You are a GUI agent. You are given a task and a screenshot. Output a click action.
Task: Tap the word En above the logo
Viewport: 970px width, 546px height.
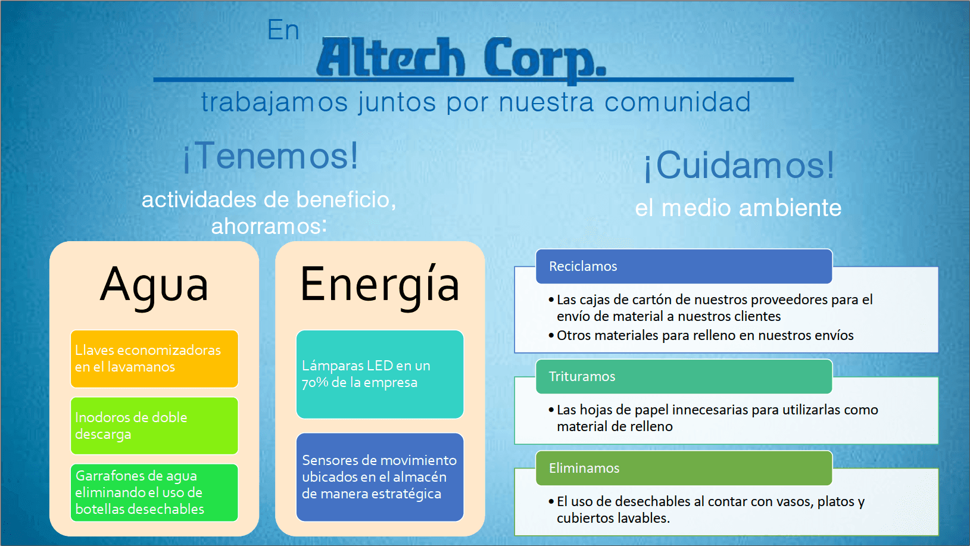pyautogui.click(x=283, y=30)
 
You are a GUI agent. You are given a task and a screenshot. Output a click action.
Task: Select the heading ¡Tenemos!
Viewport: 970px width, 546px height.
pyautogui.click(x=271, y=156)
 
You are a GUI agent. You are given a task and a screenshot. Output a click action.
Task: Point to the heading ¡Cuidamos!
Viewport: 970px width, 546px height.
pyautogui.click(x=739, y=166)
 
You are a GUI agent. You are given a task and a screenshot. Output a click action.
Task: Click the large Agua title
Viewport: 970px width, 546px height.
pyautogui.click(x=154, y=285)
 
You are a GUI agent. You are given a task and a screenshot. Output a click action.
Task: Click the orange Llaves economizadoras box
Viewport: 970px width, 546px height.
pyautogui.click(x=155, y=358)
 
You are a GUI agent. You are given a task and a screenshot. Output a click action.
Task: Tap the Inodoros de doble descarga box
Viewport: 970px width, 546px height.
pyautogui.click(x=155, y=426)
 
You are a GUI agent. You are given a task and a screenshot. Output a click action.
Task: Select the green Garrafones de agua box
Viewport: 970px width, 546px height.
pyautogui.click(x=155, y=493)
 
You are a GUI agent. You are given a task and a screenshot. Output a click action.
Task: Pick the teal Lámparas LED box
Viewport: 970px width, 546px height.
pyautogui.click(x=380, y=374)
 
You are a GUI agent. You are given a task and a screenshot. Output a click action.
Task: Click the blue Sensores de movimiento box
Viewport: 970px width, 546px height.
pyautogui.click(x=380, y=477)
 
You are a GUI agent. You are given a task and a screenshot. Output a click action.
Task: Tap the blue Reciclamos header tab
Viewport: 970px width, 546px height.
pyautogui.click(x=684, y=266)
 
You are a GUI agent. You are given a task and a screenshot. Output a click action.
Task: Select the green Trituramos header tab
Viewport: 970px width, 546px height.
pyautogui.click(x=684, y=376)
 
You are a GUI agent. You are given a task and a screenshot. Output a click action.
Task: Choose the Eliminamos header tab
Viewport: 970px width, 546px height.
pyautogui.click(x=684, y=468)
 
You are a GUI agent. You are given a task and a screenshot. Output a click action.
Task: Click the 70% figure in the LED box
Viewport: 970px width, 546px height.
pyautogui.click(x=315, y=383)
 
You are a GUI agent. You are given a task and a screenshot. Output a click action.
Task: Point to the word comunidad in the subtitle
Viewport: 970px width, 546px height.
pyautogui.click(x=677, y=102)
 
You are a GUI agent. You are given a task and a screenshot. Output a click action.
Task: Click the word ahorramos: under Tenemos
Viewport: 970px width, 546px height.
pyautogui.click(x=269, y=226)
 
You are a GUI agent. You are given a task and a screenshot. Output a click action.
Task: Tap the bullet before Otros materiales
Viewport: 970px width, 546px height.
pyautogui.click(x=551, y=336)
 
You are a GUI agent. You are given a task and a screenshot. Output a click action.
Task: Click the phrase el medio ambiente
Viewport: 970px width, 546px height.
pyautogui.click(x=738, y=208)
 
